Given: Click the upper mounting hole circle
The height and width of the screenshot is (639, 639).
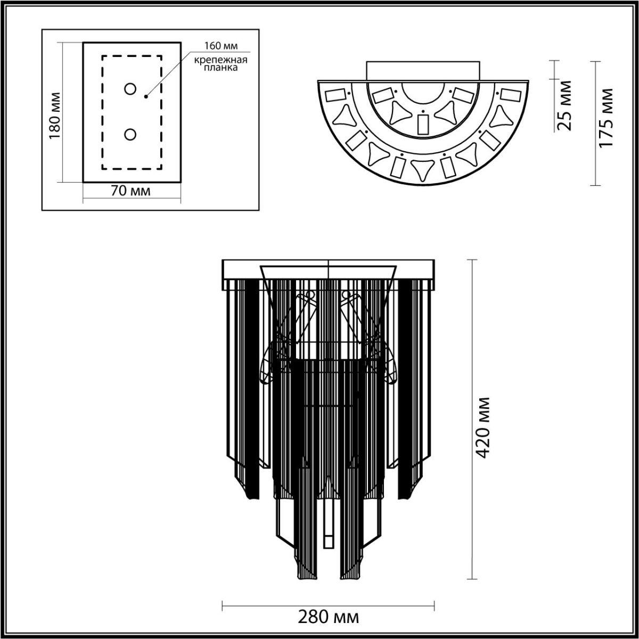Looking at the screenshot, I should coord(130,89).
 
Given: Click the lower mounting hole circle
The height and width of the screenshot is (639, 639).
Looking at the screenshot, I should coord(130,134).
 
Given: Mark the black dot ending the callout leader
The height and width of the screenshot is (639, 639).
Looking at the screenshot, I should coord(145,97).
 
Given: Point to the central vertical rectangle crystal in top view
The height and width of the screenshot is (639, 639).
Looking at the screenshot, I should coord(423,124).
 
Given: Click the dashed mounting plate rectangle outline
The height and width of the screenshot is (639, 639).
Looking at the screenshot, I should coord(102,112).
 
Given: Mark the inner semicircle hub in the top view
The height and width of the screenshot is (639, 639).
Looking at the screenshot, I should coord(423,93).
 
